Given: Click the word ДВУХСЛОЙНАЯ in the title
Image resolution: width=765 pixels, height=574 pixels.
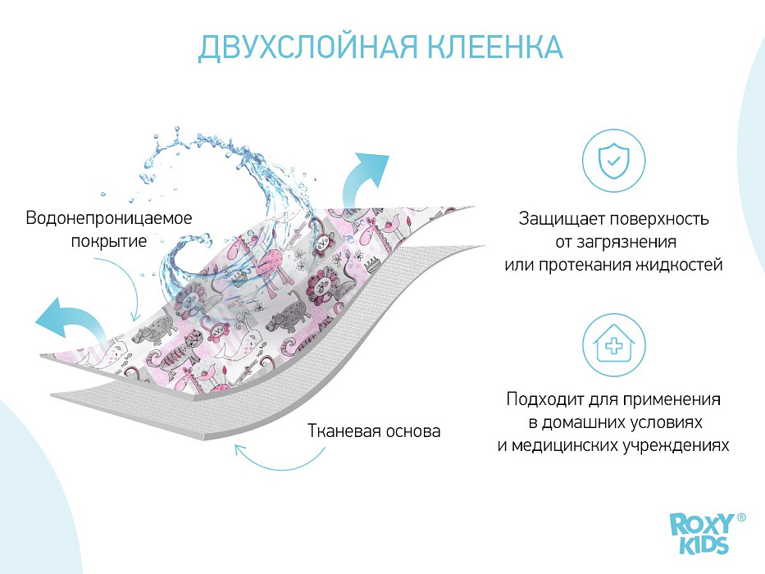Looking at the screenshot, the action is [307, 47].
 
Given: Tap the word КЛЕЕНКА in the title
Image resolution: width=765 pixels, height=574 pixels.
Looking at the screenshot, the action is [496, 47].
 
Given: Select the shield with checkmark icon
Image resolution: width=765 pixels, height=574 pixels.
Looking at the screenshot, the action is [613, 160].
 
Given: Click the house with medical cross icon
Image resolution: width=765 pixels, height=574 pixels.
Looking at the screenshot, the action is [613, 345].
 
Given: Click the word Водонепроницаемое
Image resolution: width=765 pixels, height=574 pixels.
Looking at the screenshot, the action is [109, 217].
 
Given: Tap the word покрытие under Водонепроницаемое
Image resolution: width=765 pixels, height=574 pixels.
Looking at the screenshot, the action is [109, 241].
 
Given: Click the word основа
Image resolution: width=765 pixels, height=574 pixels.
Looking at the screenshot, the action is [412, 431].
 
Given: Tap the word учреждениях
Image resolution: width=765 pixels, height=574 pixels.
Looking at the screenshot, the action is [676, 445].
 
